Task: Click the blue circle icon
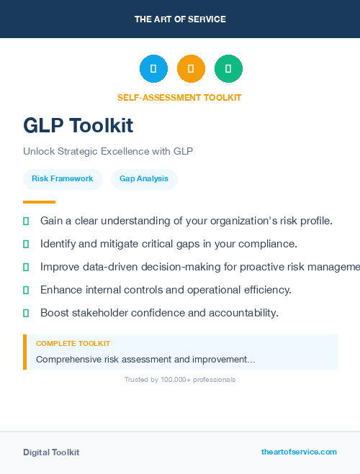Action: [153, 68]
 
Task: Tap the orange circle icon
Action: [191, 68]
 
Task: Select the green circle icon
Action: [228, 68]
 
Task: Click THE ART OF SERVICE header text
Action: [180, 19]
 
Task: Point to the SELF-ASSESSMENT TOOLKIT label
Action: [179, 97]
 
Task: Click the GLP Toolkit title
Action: [78, 125]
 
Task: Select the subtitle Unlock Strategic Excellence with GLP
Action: [108, 152]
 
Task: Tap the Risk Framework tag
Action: [62, 178]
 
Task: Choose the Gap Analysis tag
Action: [144, 178]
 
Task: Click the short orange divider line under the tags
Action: [39, 202]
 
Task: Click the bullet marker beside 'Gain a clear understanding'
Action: [26, 220]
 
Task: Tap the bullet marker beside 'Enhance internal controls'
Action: [26, 290]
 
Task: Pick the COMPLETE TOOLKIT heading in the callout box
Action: [73, 344]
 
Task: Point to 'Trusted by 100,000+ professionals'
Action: [180, 379]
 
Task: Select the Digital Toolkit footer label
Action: [51, 452]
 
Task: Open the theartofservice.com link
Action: [299, 452]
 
